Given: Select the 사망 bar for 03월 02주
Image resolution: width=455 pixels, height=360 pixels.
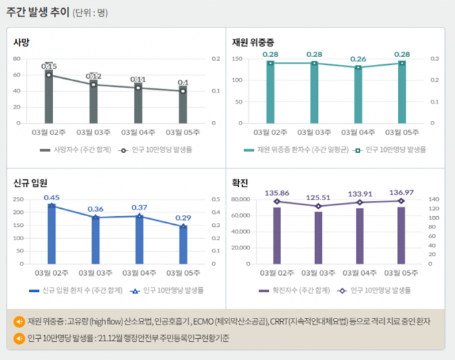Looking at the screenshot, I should click(x=49, y=97).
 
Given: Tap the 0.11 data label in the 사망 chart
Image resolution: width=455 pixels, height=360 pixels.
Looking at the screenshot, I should click(x=138, y=80).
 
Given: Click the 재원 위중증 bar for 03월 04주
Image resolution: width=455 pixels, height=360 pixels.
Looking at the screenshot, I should click(x=359, y=95).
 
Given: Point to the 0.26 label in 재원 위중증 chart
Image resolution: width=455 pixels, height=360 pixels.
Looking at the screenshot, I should click(x=359, y=59).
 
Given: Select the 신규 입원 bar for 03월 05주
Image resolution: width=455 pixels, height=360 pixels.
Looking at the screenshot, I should click(x=183, y=244).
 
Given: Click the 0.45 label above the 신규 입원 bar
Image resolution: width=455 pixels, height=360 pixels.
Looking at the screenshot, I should click(x=52, y=197).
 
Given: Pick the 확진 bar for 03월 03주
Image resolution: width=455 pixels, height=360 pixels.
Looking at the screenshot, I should click(x=318, y=237).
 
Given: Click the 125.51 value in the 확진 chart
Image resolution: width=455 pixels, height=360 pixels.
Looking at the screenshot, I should click(x=318, y=197).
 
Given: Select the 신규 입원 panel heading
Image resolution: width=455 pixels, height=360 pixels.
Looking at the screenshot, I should click(x=31, y=182).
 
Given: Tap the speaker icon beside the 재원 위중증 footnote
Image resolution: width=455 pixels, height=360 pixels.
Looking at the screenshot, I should click(x=19, y=322).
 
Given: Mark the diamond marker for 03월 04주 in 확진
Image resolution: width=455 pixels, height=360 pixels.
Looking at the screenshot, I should click(x=359, y=202).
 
